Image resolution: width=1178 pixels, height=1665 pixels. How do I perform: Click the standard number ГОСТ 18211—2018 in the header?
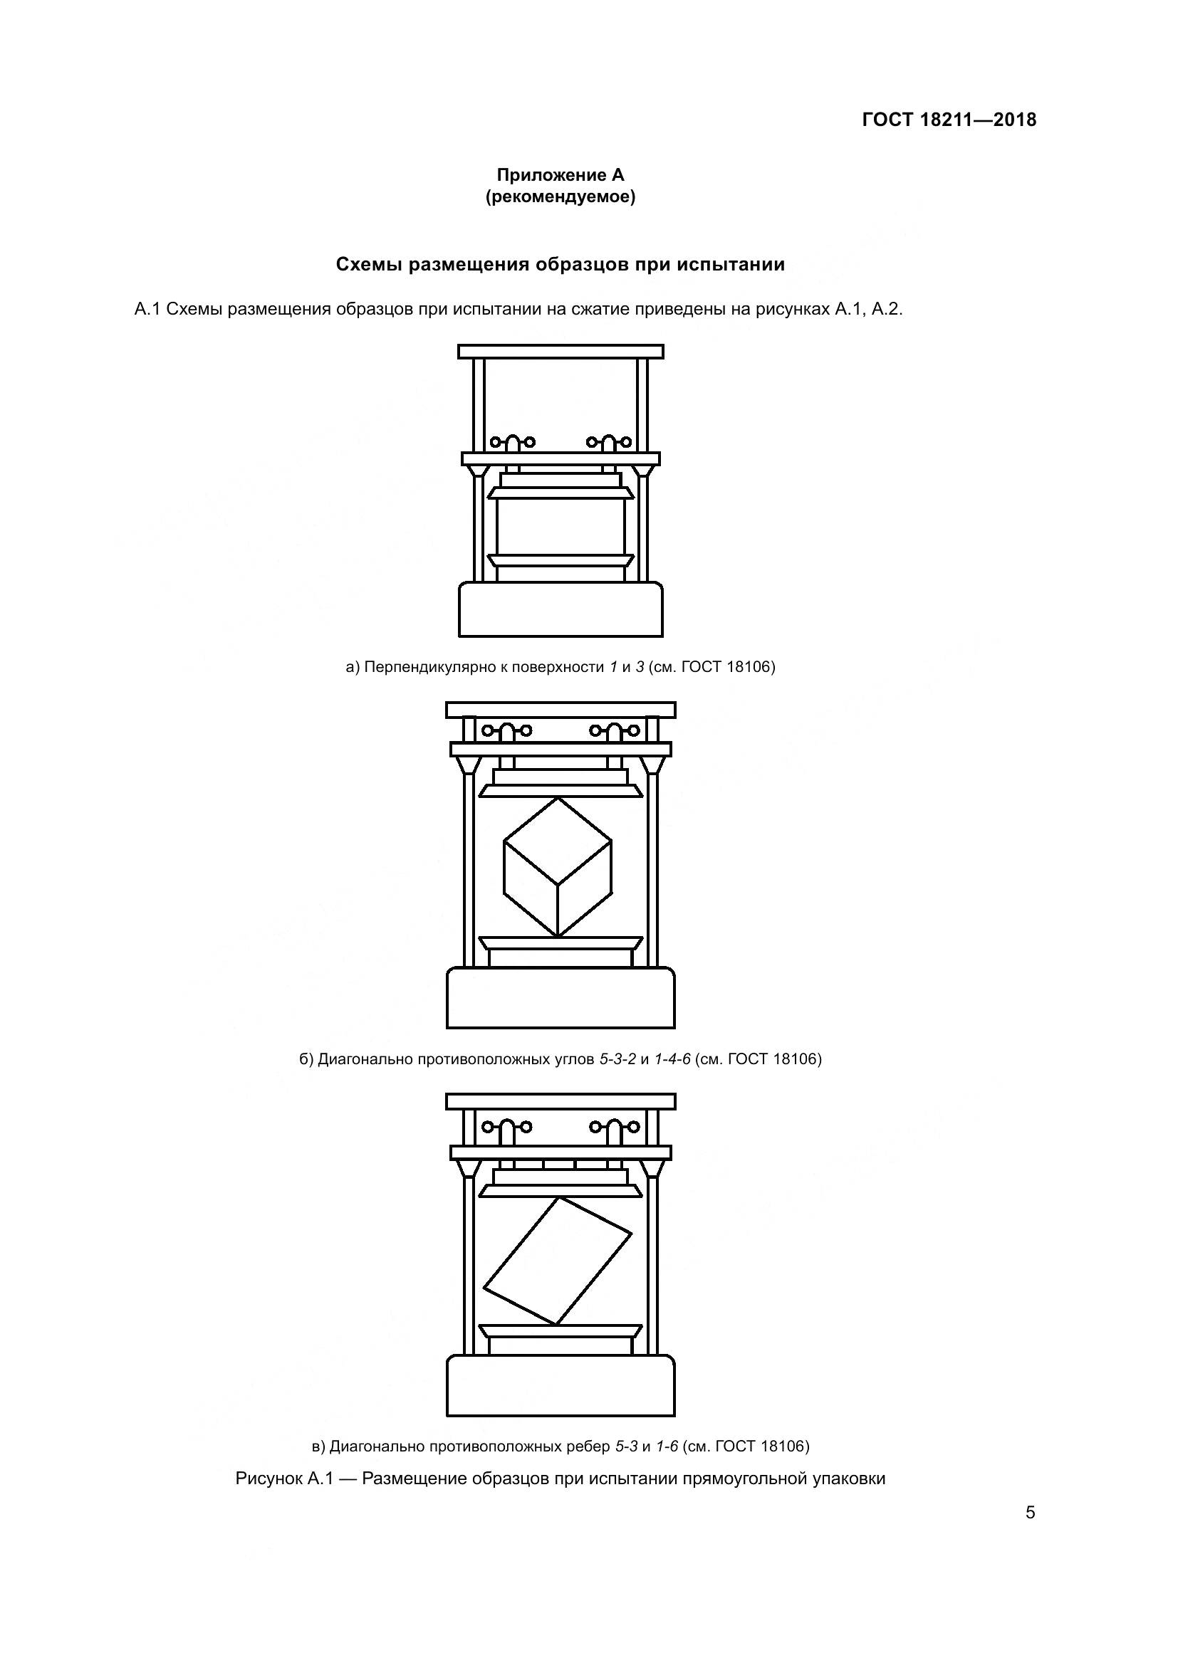pos(949,120)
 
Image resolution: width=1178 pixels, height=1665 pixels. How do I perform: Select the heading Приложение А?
pos(560,175)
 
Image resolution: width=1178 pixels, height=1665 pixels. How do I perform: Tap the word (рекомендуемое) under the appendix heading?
pos(560,196)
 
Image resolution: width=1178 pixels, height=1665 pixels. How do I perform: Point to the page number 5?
pos(1030,1513)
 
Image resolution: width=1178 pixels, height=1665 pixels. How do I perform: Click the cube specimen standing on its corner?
pos(557,866)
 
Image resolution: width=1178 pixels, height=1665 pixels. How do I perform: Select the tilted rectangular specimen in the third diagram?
pos(557,1261)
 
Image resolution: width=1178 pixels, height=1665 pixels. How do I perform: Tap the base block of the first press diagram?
pos(560,609)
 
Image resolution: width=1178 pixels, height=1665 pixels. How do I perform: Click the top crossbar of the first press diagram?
pos(560,352)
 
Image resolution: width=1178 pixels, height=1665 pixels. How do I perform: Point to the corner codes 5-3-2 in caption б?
pos(617,1059)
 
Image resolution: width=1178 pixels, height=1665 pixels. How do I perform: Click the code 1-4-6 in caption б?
pos(672,1059)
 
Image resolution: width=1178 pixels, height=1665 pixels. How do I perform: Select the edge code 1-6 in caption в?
pos(667,1446)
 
